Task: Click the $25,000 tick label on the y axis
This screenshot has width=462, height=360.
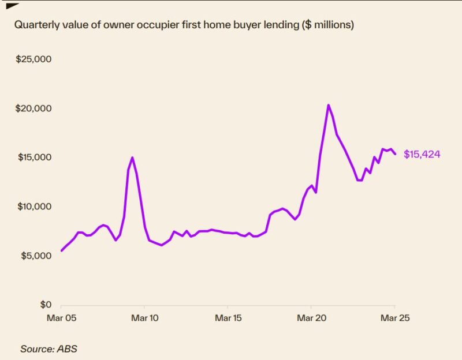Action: pyautogui.click(x=34, y=59)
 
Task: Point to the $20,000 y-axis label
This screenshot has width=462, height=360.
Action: pyautogui.click(x=34, y=108)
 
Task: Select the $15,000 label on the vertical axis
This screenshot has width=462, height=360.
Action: pyautogui.click(x=34, y=157)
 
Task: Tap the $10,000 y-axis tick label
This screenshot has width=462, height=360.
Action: pyautogui.click(x=34, y=207)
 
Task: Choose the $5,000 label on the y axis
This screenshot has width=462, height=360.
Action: pyautogui.click(x=36, y=256)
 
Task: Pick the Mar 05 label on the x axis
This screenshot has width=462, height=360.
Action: pyautogui.click(x=61, y=317)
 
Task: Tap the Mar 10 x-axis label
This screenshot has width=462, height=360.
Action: pyautogui.click(x=144, y=317)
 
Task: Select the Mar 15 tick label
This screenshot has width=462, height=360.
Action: pyautogui.click(x=228, y=317)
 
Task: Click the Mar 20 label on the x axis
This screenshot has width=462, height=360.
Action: pyautogui.click(x=311, y=317)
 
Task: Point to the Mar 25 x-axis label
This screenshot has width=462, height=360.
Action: pyautogui.click(x=394, y=317)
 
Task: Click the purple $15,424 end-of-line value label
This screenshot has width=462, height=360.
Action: pyautogui.click(x=422, y=155)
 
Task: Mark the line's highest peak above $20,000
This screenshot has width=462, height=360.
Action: pyautogui.click(x=328, y=105)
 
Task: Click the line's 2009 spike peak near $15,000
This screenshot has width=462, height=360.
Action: pyautogui.click(x=132, y=157)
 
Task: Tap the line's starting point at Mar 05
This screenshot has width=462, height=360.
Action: pyautogui.click(x=61, y=250)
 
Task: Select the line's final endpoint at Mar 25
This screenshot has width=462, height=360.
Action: pyautogui.click(x=395, y=153)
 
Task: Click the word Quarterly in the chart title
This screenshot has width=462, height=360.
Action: pyautogui.click(x=35, y=25)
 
